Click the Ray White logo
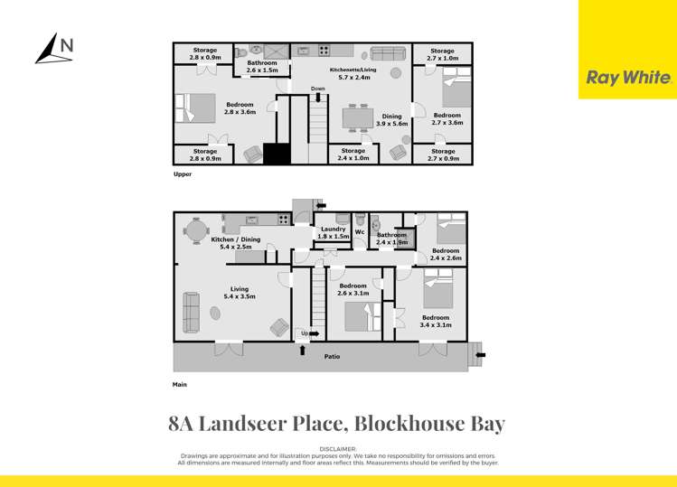click(628, 78)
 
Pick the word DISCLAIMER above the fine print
click(338, 448)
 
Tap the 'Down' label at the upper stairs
click(317, 89)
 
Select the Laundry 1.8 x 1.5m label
click(333, 232)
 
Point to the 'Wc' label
click(359, 232)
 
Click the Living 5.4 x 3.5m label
click(239, 292)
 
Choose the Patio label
click(333, 357)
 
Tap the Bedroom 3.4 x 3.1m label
click(436, 321)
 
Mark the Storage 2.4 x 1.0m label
click(354, 155)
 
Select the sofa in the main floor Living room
click(192, 312)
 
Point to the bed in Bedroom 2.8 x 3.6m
click(197, 108)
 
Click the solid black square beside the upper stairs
click(277, 154)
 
